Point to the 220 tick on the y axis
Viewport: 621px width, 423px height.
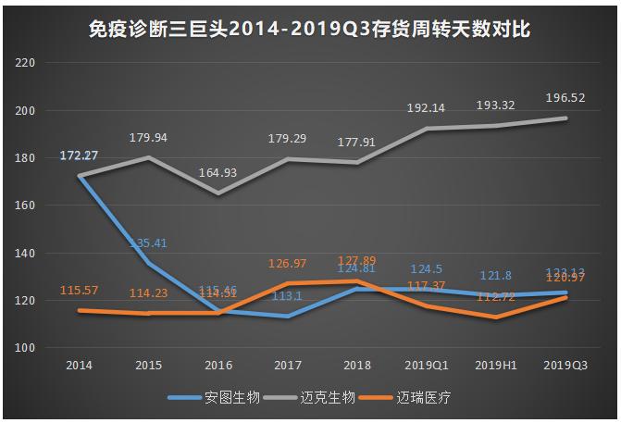coord(24,64)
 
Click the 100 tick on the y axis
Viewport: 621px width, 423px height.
coord(24,348)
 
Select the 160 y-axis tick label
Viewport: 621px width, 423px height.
coord(24,206)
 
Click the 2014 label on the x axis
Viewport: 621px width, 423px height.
coord(79,366)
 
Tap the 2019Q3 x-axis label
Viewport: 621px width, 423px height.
coord(565,366)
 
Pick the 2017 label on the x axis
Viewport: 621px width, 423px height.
coord(288,366)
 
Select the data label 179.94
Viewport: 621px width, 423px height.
coord(149,137)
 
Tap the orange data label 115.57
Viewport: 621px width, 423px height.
coord(80,291)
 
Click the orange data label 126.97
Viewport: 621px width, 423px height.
coord(288,263)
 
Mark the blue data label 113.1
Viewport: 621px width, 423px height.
coord(288,297)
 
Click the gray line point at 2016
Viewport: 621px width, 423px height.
coord(218,193)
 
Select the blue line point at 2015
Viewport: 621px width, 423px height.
coord(149,264)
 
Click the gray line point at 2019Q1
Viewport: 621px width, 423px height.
coord(427,129)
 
